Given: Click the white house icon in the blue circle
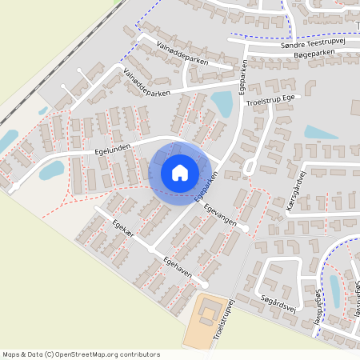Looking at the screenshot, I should tap(180, 173).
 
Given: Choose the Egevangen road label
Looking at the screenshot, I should tap(220, 215).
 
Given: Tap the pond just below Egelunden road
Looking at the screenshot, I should tap(51, 170).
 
